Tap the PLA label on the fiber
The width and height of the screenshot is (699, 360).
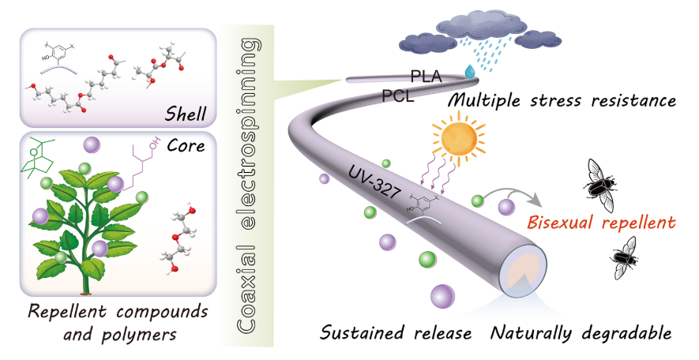point(426,77)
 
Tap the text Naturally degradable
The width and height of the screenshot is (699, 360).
point(581,334)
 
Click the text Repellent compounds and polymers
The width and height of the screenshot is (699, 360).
point(111,320)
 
